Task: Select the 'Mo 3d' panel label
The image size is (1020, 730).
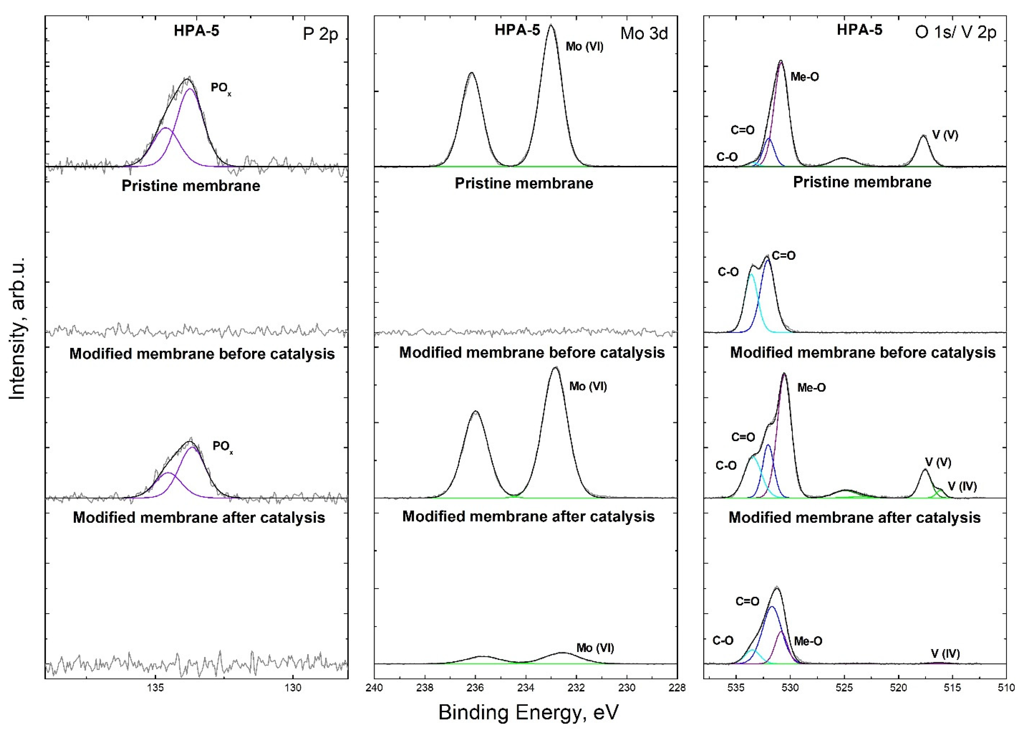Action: (x=644, y=33)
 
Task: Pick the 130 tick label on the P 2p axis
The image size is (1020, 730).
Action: (x=293, y=687)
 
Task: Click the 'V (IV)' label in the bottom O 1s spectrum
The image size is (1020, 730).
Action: (x=945, y=653)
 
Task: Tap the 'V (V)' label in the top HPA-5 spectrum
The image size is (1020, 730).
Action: (x=945, y=135)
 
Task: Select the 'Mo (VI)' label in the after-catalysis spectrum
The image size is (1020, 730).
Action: (x=595, y=648)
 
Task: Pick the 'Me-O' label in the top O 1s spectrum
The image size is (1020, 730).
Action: (x=804, y=77)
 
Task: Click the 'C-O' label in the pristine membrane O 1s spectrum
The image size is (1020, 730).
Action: (x=728, y=272)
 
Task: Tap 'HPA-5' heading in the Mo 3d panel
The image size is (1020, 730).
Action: (x=517, y=30)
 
